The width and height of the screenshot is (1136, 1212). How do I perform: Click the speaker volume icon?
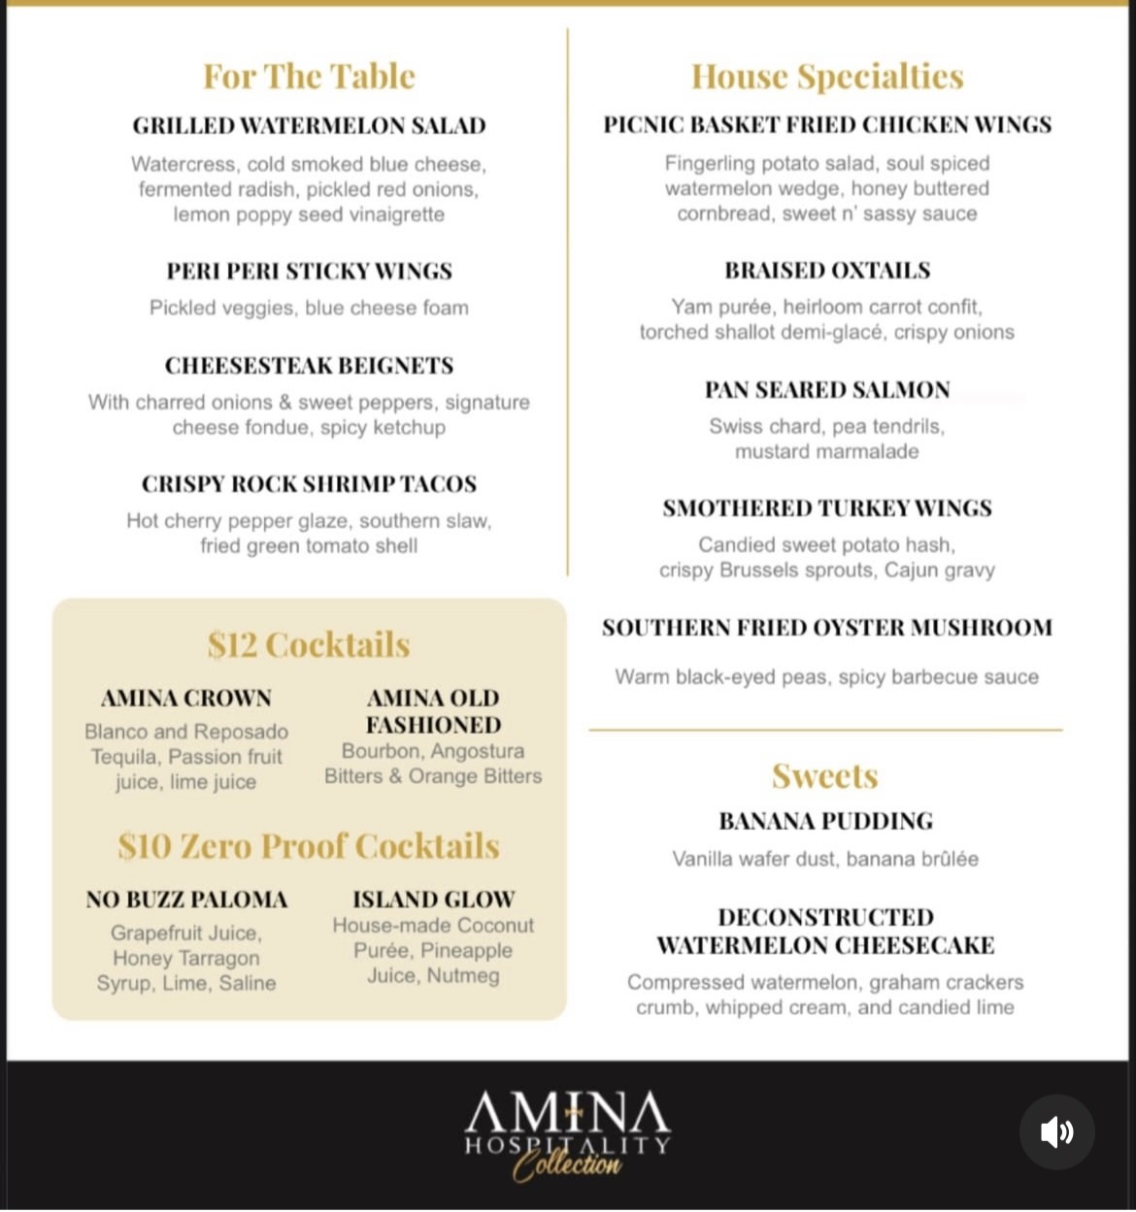(1056, 1131)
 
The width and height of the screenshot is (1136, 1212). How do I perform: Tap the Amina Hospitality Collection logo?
(568, 1133)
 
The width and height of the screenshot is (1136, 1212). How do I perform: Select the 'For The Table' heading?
(309, 77)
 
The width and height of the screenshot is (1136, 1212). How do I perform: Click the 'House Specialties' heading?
(827, 77)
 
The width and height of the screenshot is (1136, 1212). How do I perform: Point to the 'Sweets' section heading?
(825, 776)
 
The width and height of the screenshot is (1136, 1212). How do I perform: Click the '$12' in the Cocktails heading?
(231, 645)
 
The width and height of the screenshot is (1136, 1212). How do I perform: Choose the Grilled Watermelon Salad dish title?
(309, 126)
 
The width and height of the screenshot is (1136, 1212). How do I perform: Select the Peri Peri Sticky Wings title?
(309, 271)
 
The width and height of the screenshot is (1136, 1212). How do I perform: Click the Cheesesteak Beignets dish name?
(309, 366)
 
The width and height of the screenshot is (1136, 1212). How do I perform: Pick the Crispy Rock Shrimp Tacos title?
(309, 484)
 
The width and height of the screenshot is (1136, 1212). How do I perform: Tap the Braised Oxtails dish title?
(827, 271)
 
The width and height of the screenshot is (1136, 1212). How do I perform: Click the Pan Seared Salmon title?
(827, 390)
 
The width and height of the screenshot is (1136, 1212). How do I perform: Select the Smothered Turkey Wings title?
(827, 508)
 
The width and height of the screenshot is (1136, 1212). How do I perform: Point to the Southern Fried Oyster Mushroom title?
(827, 628)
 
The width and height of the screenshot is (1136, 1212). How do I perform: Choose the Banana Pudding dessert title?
(825, 822)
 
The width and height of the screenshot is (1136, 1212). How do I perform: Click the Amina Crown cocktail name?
(186, 699)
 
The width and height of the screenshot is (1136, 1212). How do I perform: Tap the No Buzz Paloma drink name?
(186, 901)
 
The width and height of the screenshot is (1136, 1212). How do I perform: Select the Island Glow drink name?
(433, 901)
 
